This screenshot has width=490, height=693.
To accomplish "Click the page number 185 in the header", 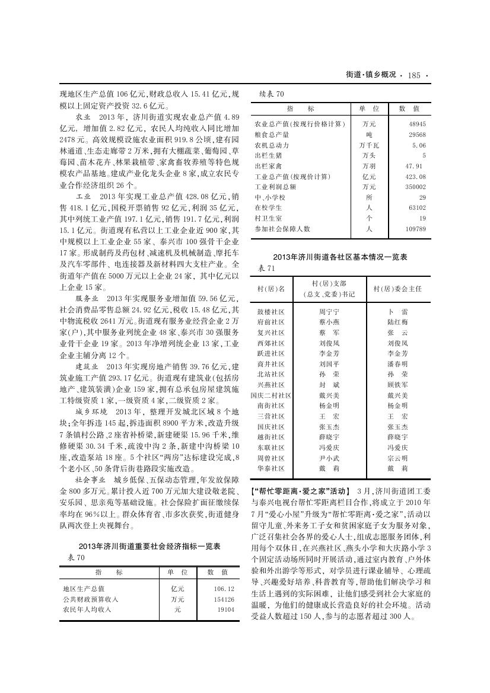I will tap(414, 75).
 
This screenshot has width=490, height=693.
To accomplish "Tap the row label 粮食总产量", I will tap(272, 135).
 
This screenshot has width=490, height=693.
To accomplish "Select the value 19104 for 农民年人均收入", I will tap(225, 609).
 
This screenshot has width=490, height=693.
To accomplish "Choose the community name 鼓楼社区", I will tap(271, 311).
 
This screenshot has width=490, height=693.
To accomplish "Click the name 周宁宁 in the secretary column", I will tap(329, 311).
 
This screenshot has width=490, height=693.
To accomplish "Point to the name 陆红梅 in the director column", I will tap(397, 322).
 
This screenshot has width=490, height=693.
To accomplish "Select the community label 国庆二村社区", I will tap(271, 395).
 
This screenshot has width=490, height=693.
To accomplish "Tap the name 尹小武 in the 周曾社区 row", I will tap(329, 458).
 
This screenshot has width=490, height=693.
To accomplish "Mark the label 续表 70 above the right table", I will tap(272, 94).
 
